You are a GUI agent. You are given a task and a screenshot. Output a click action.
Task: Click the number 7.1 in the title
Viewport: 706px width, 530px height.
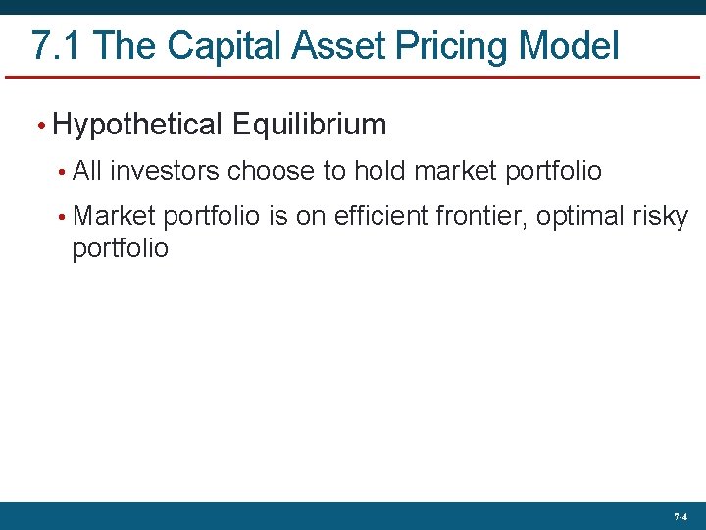click(59, 46)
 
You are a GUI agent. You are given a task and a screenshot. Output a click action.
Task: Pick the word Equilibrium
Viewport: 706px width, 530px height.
click(310, 125)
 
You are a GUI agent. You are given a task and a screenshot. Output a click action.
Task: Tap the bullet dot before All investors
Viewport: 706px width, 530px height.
click(61, 173)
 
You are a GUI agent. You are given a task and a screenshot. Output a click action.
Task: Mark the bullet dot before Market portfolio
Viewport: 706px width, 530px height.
click(61, 217)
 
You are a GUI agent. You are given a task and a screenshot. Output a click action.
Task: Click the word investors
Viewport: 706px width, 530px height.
click(165, 172)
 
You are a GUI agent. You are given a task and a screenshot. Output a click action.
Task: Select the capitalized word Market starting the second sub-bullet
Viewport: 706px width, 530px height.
click(115, 216)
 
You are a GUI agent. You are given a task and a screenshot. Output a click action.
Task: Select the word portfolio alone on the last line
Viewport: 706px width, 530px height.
click(121, 249)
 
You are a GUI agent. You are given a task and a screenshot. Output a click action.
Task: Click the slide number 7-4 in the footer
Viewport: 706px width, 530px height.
click(680, 516)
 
